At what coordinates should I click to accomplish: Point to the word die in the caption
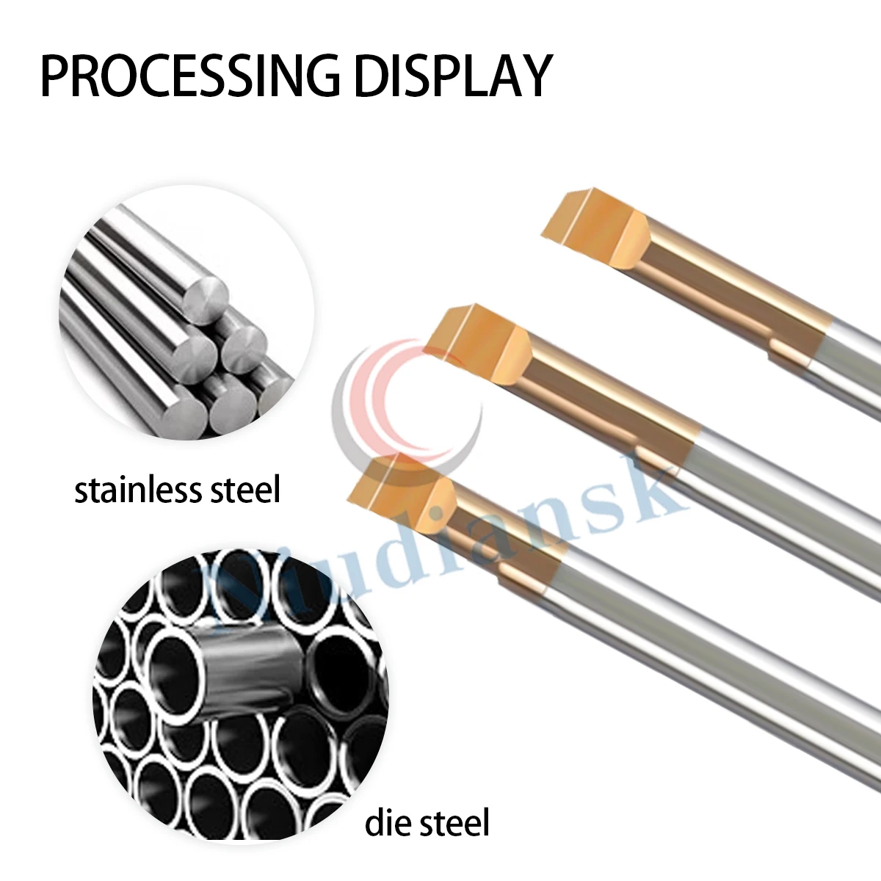[x=390, y=822]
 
